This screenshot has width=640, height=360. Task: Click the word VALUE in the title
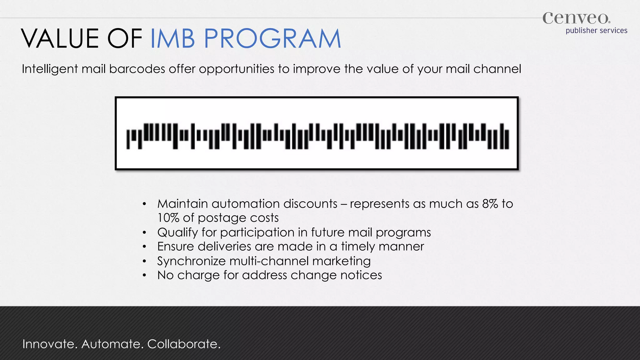pos(60,39)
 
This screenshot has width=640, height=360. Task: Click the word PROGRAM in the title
pos(272,39)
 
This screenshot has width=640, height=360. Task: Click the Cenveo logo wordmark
pos(576,18)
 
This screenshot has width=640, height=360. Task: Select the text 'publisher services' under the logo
pos(596,31)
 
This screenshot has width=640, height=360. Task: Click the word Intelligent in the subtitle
pos(50,69)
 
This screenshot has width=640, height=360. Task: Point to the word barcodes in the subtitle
pos(137,69)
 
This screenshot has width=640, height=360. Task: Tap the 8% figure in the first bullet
pos(490,204)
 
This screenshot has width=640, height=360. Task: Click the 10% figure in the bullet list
pos(168,218)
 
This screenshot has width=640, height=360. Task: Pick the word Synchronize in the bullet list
pos(191,261)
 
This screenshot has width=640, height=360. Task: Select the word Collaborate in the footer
pos(184,344)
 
